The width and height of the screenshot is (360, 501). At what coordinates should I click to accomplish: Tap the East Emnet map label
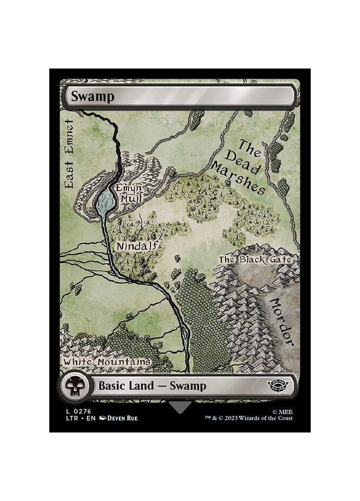[70, 153]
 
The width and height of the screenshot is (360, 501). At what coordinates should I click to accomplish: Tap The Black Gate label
[255, 260]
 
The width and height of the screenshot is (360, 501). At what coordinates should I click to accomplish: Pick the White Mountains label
[107, 362]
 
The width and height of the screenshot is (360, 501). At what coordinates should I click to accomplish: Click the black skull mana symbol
[72, 385]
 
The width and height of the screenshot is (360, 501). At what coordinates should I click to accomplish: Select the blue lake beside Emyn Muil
[105, 202]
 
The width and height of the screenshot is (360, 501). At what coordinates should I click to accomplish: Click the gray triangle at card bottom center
[180, 407]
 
